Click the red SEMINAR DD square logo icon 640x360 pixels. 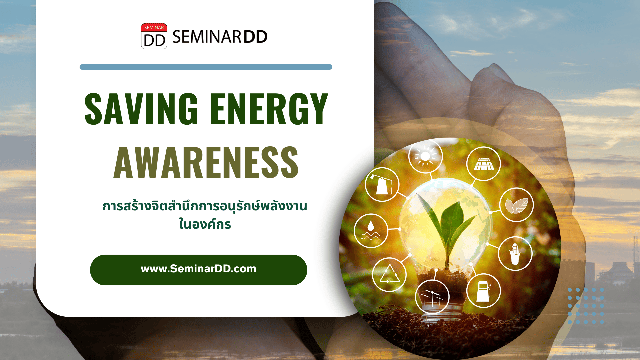(154, 36)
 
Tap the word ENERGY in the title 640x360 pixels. (269, 109)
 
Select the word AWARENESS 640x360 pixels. (206, 162)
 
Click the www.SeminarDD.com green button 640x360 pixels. (198, 270)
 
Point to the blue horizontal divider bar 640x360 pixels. (206, 67)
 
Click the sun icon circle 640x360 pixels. (425, 156)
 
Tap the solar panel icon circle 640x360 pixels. (484, 164)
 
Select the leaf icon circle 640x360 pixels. (517, 205)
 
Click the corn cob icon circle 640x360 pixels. (515, 254)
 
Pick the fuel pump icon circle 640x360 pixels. (484, 291)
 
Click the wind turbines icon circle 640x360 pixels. (432, 297)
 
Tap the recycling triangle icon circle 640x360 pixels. (389, 275)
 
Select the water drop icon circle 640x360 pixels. (371, 231)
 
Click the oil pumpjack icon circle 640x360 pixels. (382, 184)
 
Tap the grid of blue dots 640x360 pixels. (586, 306)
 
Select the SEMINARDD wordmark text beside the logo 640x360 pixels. (220, 37)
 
